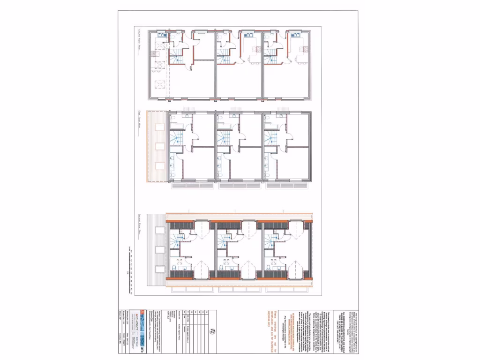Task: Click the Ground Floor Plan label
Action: coord(139,40)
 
